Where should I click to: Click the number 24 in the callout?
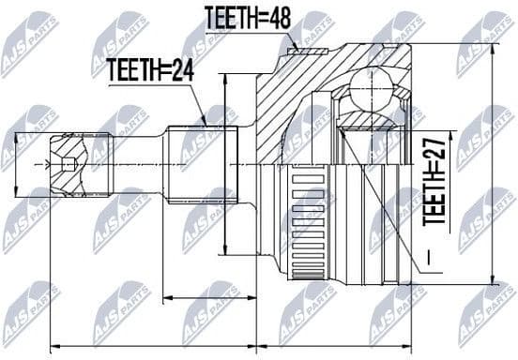pyautogui.click(x=184, y=67)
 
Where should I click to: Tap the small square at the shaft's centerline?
pyautogui.click(x=69, y=165)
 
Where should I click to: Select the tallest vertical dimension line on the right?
pyautogui.click(x=491, y=165)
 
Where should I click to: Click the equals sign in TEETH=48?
pyautogui.click(x=266, y=17)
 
